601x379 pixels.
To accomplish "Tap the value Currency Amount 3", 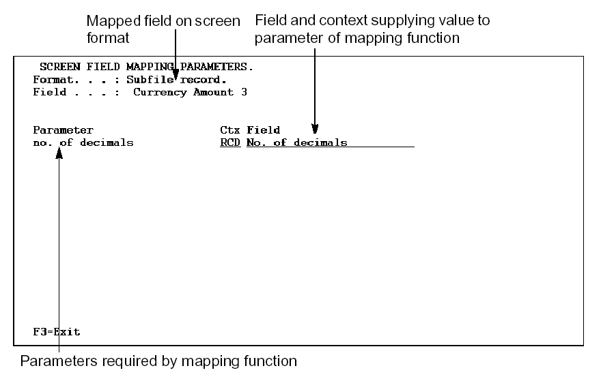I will pos(190,92).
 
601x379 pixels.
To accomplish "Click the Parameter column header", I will pos(63,130).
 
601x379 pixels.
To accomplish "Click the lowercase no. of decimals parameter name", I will pos(83,142).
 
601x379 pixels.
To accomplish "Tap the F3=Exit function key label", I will pos(57,332).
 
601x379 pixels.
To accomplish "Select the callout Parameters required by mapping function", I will pos(158,361).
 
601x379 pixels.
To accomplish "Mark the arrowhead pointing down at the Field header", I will pos(315,127).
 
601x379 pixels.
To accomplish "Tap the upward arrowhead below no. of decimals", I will pos(60,156).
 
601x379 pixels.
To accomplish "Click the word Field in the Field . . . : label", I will pos(49,92).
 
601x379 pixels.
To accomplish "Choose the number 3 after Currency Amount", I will pos(244,92).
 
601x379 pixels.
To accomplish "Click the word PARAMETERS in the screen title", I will pos(217,67).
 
